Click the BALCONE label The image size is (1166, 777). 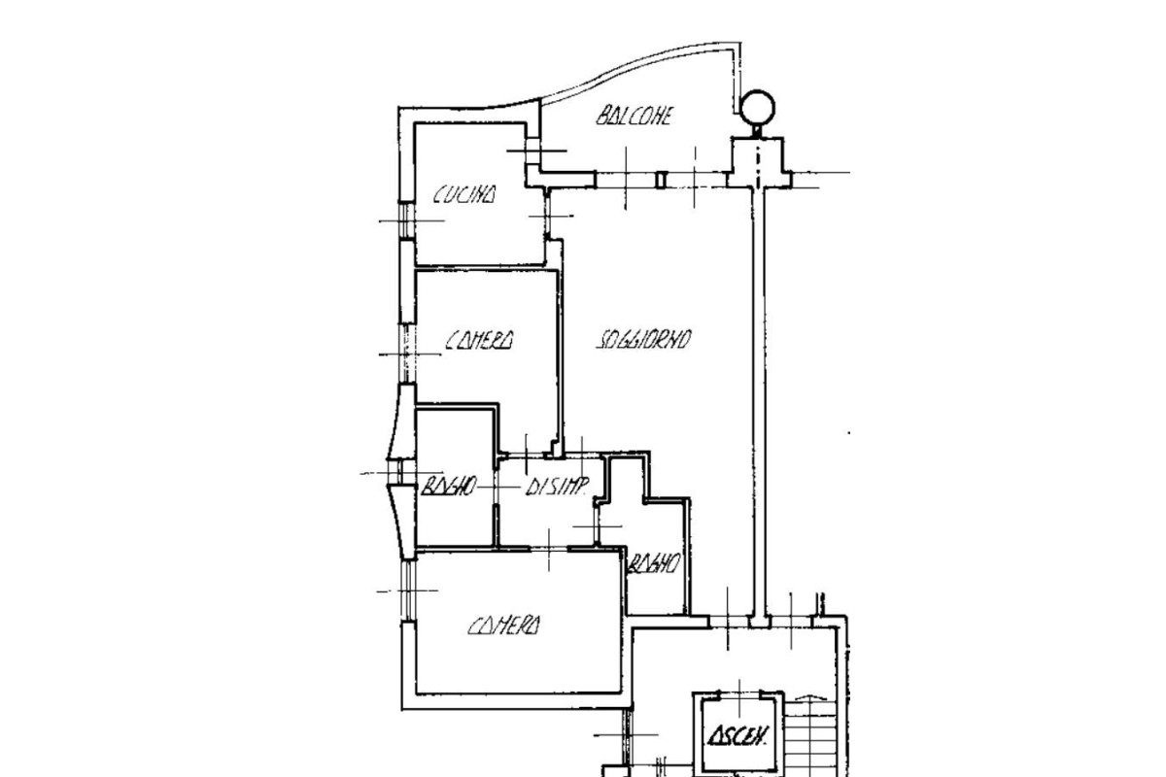coord(634,116)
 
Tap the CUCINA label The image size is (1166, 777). coord(464,194)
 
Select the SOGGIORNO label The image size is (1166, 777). coord(643,339)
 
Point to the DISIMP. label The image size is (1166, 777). coord(557,487)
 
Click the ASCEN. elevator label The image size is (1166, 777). coord(738,736)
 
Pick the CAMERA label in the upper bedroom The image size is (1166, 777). coord(480,340)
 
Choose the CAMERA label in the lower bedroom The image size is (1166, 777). coord(504,625)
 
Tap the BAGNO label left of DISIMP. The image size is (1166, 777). coord(448,487)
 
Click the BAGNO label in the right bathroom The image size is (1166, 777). coord(654,563)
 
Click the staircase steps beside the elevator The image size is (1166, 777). coord(809,738)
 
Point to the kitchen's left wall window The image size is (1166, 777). coord(406,220)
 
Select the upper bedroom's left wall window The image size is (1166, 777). coord(407,355)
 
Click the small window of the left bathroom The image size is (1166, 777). coord(400,473)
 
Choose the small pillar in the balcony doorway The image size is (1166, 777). coord(661,180)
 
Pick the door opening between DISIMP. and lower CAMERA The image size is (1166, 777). coord(549,549)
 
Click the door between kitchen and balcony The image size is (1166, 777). coord(532,151)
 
